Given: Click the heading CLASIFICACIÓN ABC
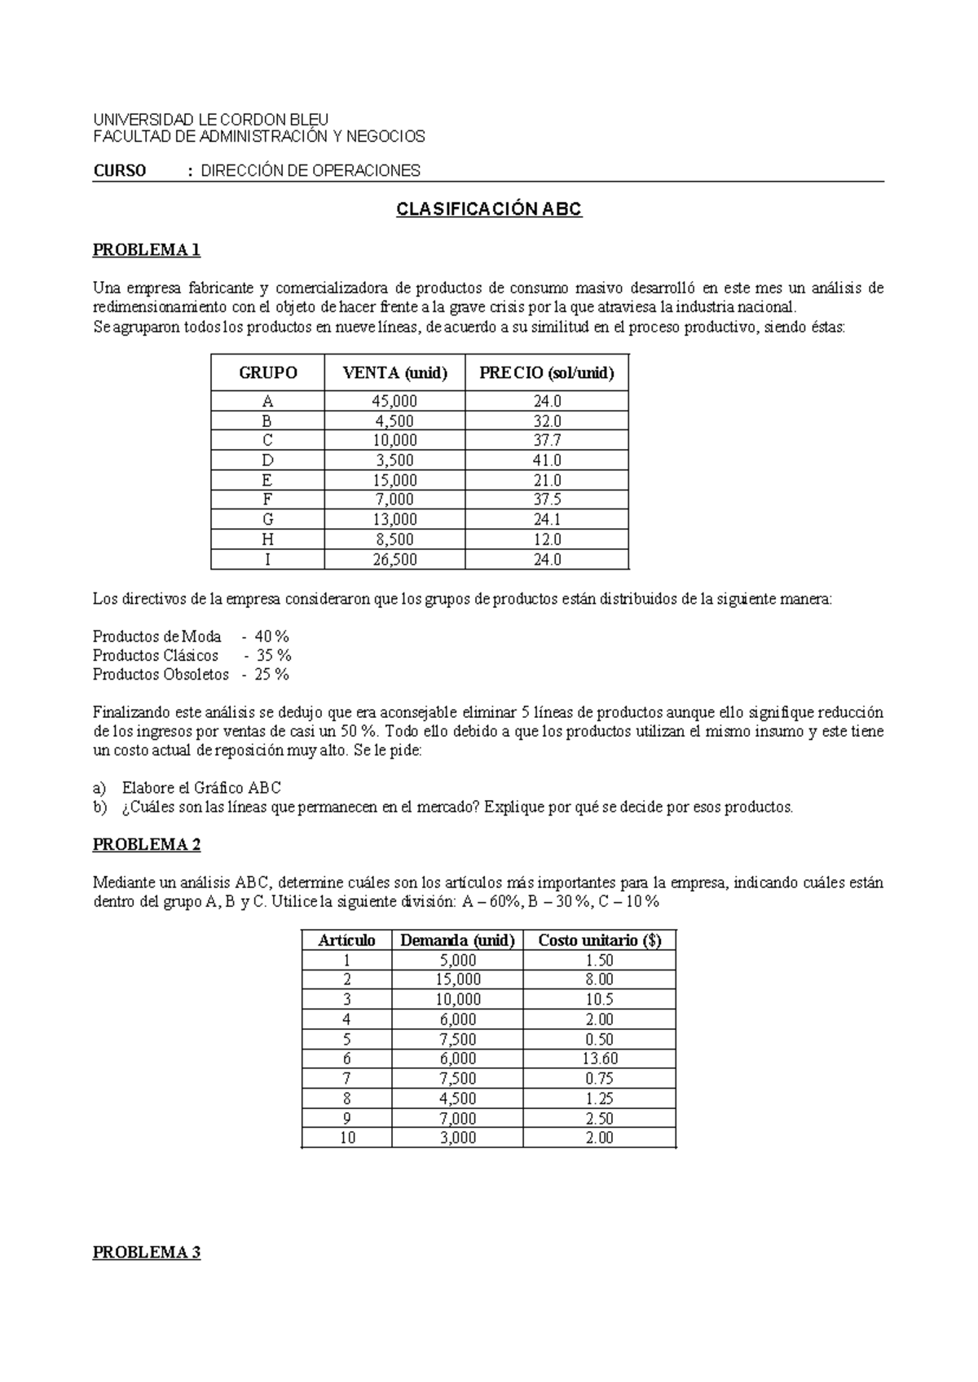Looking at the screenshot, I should [488, 209].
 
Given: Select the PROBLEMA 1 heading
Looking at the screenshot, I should [147, 250].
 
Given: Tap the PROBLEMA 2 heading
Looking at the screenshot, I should [147, 844].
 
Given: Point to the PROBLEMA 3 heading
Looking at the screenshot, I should [147, 1252].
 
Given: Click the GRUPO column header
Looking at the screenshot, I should [267, 373].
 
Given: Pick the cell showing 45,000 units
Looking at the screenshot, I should [394, 401].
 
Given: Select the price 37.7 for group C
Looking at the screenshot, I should [547, 440].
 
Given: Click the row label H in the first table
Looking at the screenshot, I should [267, 539].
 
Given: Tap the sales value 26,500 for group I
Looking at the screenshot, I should [394, 560].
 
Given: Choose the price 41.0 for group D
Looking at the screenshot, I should [547, 460].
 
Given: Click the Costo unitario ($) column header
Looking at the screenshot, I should [600, 940].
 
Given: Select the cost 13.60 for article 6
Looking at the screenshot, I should [600, 1059].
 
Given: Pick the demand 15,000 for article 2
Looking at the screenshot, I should [458, 979].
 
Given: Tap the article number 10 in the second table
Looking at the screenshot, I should [347, 1138].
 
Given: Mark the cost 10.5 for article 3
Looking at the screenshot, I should [600, 999].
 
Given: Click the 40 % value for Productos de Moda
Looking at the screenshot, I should [272, 636].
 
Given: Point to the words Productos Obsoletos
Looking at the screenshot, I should [161, 675].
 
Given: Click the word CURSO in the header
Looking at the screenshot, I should [120, 171].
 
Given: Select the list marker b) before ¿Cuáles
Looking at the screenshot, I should [99, 808].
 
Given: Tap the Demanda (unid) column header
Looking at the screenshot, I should [458, 940].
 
